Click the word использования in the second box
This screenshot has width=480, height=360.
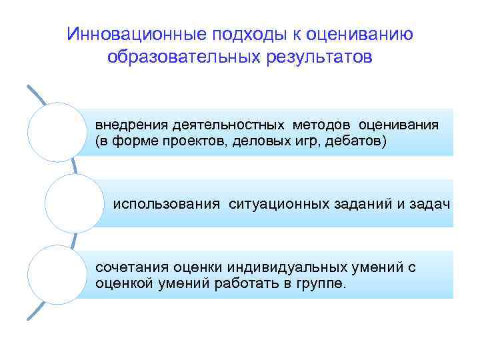(x=166, y=203)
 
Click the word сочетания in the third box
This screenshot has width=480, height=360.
(x=130, y=267)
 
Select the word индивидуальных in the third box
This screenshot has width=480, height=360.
(x=278, y=267)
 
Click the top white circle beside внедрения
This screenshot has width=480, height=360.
(x=59, y=132)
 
